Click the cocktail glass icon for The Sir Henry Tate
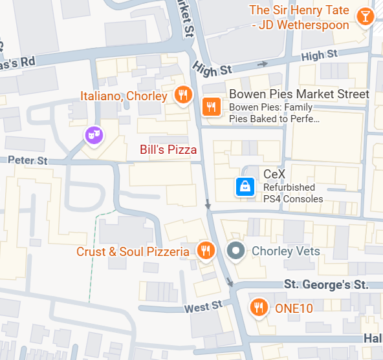(366, 16)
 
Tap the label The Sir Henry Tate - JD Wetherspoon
(299, 17)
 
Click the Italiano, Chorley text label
(124, 96)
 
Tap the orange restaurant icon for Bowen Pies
(210, 107)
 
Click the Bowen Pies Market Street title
(299, 94)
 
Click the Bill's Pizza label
(168, 150)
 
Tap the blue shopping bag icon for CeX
(245, 187)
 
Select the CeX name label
(274, 174)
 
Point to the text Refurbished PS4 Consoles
(292, 193)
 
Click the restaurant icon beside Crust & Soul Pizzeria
(206, 250)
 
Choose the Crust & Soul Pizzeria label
(133, 251)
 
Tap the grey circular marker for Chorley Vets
(236, 250)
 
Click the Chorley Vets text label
(285, 251)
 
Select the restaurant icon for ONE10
(259, 308)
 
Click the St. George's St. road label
(326, 284)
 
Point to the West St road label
(202, 306)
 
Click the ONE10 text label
(294, 308)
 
